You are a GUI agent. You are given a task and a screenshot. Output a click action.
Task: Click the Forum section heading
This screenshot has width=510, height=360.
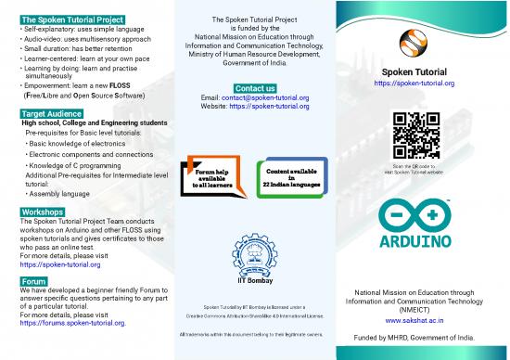pyautogui.click(x=33, y=280)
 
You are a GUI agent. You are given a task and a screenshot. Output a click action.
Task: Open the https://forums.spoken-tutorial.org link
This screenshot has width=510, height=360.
pyautogui.click(x=80, y=323)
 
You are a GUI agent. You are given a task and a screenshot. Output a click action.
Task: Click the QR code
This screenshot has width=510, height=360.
pyautogui.click(x=416, y=135)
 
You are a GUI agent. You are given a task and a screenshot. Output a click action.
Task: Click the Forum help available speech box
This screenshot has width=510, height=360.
pyautogui.click(x=211, y=177)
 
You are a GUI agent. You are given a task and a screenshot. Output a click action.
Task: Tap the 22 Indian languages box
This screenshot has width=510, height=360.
pyautogui.click(x=293, y=177)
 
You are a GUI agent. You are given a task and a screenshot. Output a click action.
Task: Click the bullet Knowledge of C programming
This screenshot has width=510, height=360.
pyautogui.click(x=76, y=164)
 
